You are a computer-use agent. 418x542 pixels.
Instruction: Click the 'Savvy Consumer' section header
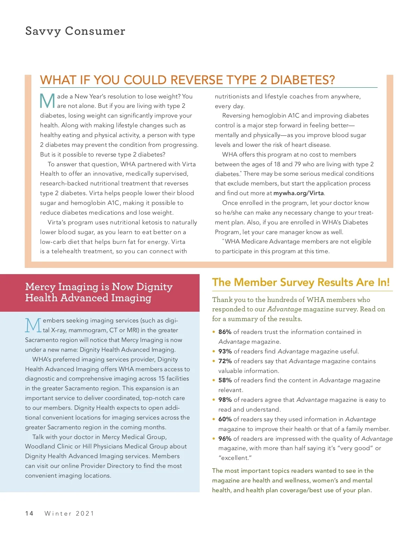[x=75, y=31]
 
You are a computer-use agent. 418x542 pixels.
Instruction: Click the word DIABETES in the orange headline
[x=302, y=80]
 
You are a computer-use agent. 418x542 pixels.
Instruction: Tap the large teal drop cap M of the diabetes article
[x=47, y=101]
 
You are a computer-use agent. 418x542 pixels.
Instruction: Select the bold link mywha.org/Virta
[x=299, y=193]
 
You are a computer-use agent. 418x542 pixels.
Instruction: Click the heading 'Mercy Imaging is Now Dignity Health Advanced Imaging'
[x=99, y=292]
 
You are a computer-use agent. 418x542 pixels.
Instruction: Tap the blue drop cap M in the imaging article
[x=33, y=325]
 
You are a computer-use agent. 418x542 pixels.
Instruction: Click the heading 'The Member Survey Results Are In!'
[x=301, y=282]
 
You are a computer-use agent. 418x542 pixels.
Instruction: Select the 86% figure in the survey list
[x=225, y=332]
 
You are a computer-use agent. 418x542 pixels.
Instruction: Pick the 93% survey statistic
[x=225, y=351]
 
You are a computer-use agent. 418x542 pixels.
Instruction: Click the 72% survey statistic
[x=225, y=361]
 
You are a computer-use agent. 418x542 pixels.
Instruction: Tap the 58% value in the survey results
[x=225, y=380]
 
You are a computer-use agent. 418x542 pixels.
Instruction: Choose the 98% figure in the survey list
[x=225, y=400]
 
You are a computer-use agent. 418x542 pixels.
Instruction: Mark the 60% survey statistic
[x=225, y=419]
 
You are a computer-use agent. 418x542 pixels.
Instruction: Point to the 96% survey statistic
[x=225, y=439]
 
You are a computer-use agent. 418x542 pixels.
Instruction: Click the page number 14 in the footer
[x=29, y=513]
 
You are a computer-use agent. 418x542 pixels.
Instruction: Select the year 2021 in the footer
[x=85, y=513]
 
